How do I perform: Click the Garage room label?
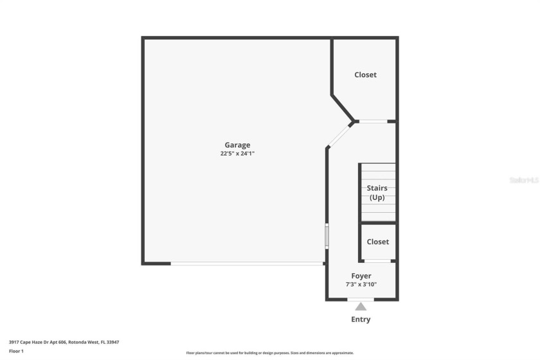[x=237, y=145]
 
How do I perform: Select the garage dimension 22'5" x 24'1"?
[x=237, y=154]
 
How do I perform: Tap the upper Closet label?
[x=365, y=75]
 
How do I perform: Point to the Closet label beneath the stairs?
[x=377, y=242]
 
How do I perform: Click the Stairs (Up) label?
[x=377, y=192]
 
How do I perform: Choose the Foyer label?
[x=361, y=276]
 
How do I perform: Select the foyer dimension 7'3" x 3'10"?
[x=361, y=284]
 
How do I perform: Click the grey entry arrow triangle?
[x=361, y=307]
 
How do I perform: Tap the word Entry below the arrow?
[x=361, y=319]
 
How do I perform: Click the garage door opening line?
[x=248, y=263]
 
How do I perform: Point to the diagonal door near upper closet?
[x=339, y=134]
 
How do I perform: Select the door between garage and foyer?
[x=327, y=235]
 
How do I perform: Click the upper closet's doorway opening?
[x=373, y=121]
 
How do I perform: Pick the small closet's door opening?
[x=378, y=260]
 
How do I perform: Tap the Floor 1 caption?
[x=16, y=351]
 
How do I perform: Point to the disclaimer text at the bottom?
[x=269, y=352]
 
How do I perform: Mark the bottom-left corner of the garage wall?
[x=143, y=263]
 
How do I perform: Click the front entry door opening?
[x=361, y=300]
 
